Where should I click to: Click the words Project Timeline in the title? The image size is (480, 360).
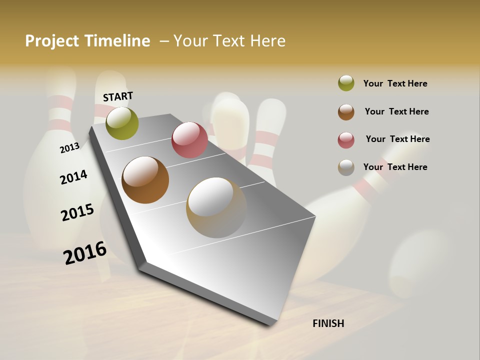point(87,41)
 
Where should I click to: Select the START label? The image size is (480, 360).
point(118,96)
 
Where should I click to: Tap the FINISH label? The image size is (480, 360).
point(328,323)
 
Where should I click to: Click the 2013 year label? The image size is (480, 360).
point(69,148)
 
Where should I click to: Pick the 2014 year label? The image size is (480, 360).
point(73,177)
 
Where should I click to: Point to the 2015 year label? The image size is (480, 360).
point(77,212)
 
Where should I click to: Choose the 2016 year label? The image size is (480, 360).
point(85,252)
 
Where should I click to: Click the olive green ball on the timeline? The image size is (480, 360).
point(122,123)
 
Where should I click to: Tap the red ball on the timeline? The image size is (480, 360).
point(189,140)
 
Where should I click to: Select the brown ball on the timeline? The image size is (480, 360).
point(145,180)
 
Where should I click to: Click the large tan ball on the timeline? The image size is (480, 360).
point(216,207)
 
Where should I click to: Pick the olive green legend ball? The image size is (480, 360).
point(346,83)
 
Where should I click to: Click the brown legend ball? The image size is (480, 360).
point(346,112)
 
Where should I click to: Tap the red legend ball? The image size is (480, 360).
point(346,140)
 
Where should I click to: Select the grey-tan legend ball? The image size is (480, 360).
point(346,167)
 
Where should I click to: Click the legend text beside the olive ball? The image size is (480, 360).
point(395,83)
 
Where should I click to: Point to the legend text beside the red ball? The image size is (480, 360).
point(398,139)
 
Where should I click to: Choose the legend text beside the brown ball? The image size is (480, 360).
point(397,111)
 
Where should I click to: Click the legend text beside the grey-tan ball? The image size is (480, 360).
point(395,167)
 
